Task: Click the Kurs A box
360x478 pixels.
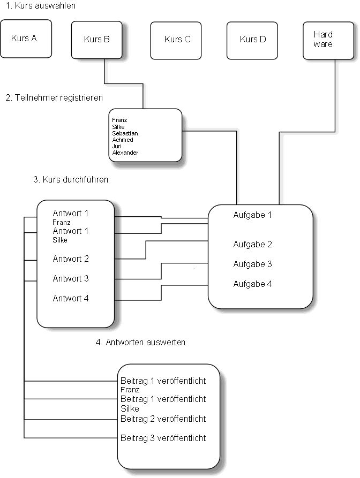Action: click(x=25, y=39)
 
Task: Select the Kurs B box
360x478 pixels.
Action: click(x=97, y=40)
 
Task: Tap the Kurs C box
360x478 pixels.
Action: click(x=177, y=40)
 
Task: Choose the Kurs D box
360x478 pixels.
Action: click(x=252, y=40)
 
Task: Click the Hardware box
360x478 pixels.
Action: click(x=323, y=40)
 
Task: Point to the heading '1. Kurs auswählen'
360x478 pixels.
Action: click(x=41, y=6)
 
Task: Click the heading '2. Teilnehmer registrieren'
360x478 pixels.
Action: click(x=54, y=98)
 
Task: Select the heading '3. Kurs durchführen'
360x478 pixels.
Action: click(x=71, y=180)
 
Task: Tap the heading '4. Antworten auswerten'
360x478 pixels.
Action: click(x=140, y=342)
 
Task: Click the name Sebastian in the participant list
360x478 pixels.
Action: click(x=125, y=133)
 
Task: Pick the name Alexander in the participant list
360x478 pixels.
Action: click(x=125, y=153)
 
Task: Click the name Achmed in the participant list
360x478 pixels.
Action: click(x=123, y=140)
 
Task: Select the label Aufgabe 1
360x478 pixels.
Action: click(x=252, y=215)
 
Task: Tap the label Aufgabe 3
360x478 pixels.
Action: click(x=252, y=264)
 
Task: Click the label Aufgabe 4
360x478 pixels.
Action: click(x=252, y=284)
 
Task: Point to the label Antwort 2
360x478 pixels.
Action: click(x=71, y=259)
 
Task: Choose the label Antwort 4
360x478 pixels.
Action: click(x=71, y=299)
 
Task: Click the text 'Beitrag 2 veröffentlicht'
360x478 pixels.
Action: click(x=163, y=419)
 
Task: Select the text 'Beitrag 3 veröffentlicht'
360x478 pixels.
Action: click(x=163, y=438)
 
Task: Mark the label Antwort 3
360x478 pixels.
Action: click(x=71, y=279)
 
